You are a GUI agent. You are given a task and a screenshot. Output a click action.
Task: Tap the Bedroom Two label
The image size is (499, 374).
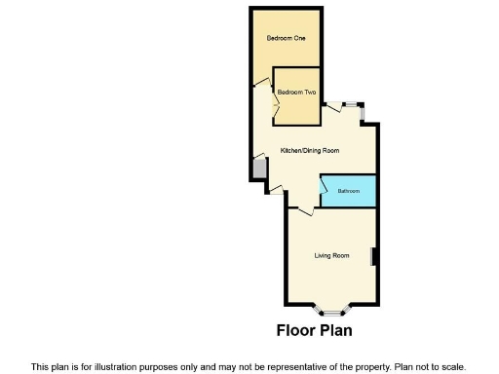point(296,93)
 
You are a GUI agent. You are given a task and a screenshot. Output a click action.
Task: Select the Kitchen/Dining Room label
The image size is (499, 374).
point(310,151)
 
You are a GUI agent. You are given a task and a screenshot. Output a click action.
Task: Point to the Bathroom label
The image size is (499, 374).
point(349,191)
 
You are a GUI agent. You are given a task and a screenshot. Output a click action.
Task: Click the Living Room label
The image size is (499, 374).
point(331,256)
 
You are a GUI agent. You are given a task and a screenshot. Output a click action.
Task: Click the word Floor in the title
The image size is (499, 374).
point(294,331)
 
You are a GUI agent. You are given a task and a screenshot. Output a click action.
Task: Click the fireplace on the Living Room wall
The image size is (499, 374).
point(372,257)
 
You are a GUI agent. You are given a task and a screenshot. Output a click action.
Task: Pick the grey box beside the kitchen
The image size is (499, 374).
point(259,168)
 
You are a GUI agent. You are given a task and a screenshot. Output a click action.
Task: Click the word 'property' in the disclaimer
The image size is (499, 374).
point(367,366)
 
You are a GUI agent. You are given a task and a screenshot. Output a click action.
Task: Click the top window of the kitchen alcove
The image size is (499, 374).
point(348,104)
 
